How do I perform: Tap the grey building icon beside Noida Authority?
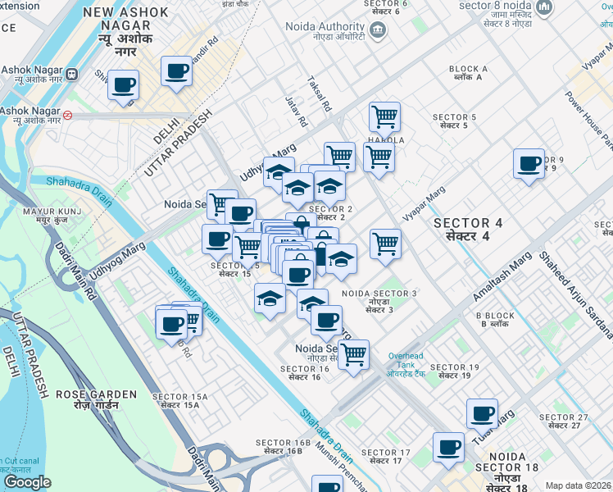tap(377, 31)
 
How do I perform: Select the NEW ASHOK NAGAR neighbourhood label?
tap(126, 20)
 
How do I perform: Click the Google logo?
tap(28, 482)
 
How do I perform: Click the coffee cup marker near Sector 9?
tap(529, 163)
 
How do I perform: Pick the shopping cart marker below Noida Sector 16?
tap(353, 354)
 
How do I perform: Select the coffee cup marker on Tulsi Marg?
tap(482, 413)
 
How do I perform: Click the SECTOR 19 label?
tap(454, 371)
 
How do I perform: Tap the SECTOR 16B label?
tap(283, 448)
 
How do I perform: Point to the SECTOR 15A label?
tap(179, 400)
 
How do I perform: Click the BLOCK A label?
tap(469, 73)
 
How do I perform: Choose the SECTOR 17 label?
tap(385, 457)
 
